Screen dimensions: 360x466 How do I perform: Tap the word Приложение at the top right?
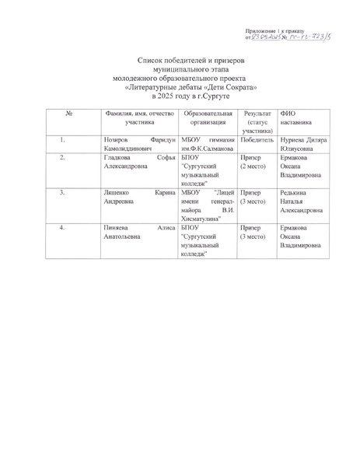pos(260,26)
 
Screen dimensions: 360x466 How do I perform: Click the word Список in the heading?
pos(152,59)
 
